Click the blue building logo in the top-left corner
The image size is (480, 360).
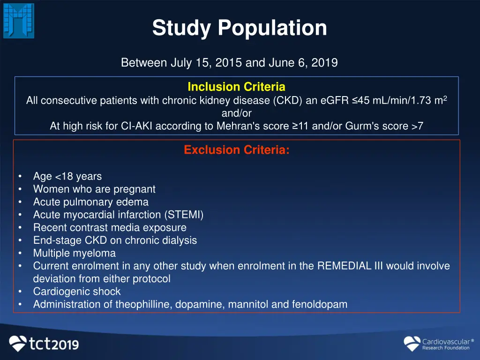19,21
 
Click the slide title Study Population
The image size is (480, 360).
240,28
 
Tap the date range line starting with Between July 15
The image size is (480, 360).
229,63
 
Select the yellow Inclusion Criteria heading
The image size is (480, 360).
236,87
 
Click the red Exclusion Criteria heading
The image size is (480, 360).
237,150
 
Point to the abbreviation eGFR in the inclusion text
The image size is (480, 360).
335,101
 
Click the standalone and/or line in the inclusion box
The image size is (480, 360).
236,113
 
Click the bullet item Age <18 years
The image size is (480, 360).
67,177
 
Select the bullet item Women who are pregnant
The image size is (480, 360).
94,189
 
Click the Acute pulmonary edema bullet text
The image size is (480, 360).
90,202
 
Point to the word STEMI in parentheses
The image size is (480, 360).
184,215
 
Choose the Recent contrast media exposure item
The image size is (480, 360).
110,228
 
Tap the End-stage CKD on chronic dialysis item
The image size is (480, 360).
115,240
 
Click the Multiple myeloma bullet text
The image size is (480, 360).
74,253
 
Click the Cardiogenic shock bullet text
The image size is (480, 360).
77,292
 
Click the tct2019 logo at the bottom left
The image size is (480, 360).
45,344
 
